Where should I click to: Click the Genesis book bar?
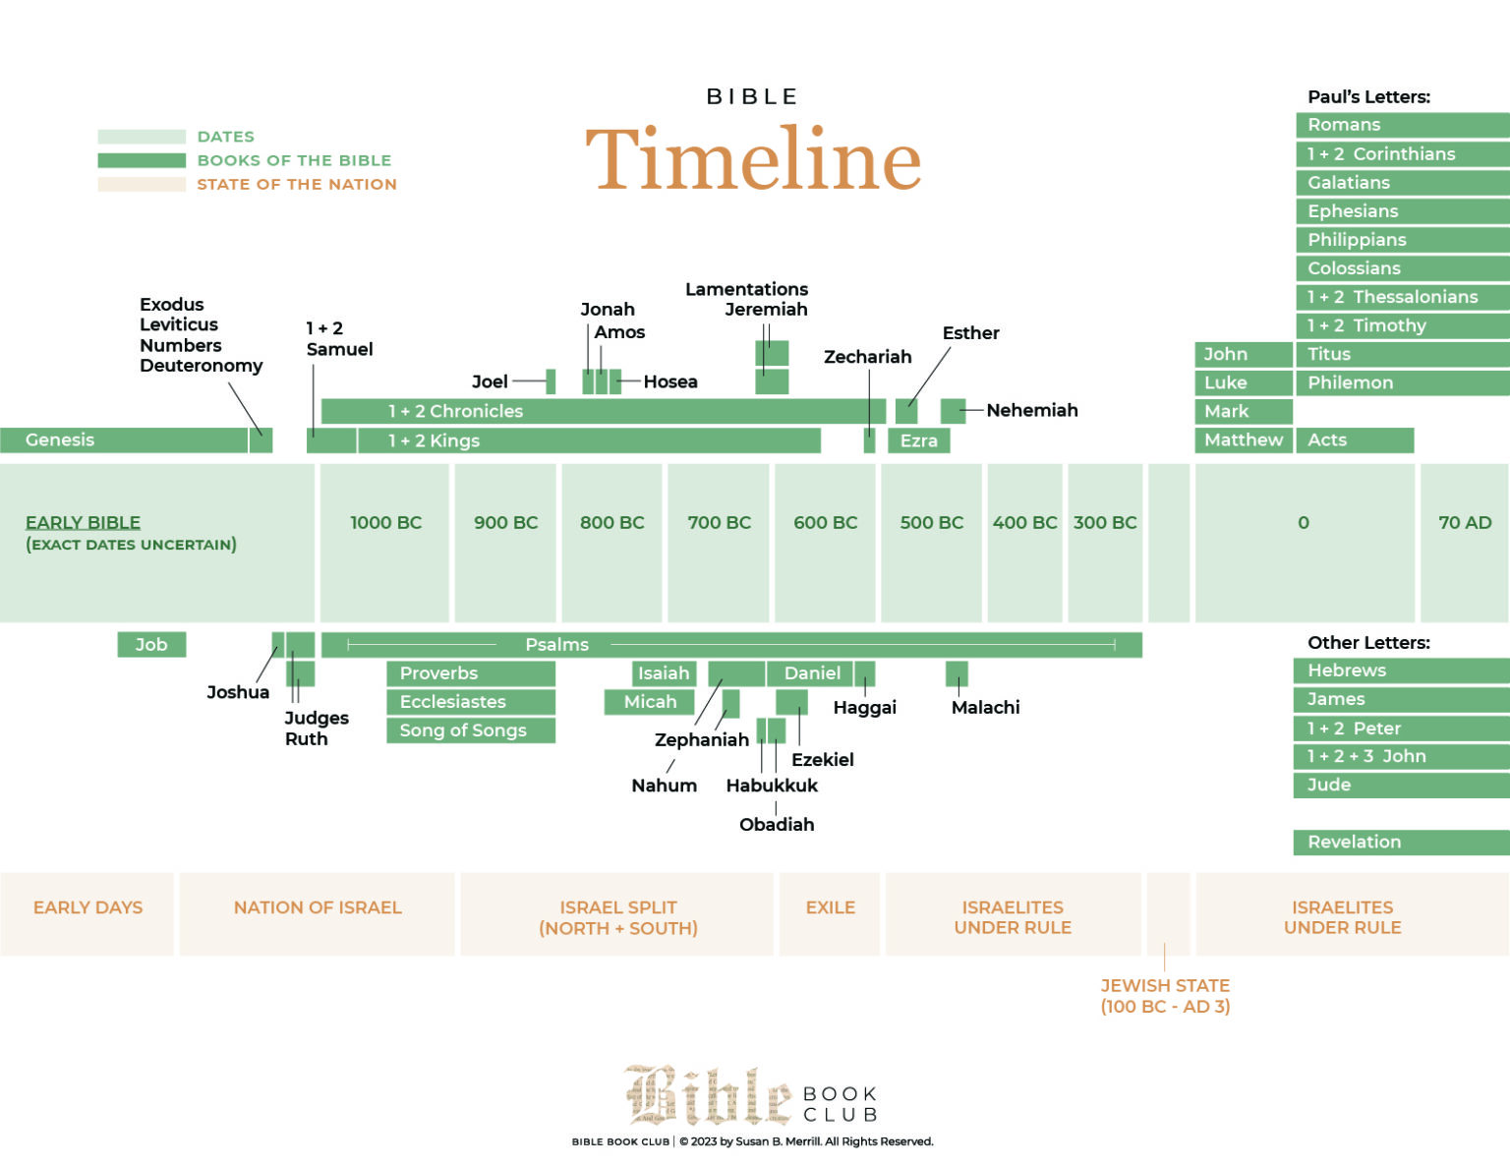pyautogui.click(x=124, y=440)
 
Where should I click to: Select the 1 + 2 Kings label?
pyautogui.click(x=434, y=441)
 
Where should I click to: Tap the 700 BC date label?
pyautogui.click(x=719, y=523)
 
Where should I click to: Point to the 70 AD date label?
pyautogui.click(x=1464, y=523)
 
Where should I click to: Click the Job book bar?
pyautogui.click(x=151, y=645)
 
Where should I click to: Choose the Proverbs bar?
pyautogui.click(x=470, y=673)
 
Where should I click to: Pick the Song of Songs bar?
pyautogui.click(x=470, y=730)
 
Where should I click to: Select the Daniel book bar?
pyautogui.click(x=811, y=673)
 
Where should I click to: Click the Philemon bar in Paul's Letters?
pyautogui.click(x=1401, y=383)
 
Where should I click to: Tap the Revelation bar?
pyautogui.click(x=1401, y=843)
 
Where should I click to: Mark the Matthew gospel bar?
pyautogui.click(x=1244, y=440)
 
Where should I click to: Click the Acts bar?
pyautogui.click(x=1354, y=440)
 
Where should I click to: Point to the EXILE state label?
pyautogui.click(x=830, y=907)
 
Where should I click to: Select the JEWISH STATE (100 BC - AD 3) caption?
pyautogui.click(x=1165, y=996)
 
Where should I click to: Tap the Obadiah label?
pyautogui.click(x=777, y=825)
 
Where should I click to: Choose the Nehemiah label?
pyautogui.click(x=1031, y=411)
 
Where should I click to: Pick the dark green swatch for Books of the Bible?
pyautogui.click(x=142, y=160)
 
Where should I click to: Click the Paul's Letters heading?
pyautogui.click(x=1368, y=97)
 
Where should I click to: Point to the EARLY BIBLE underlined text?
pyautogui.click(x=83, y=523)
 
